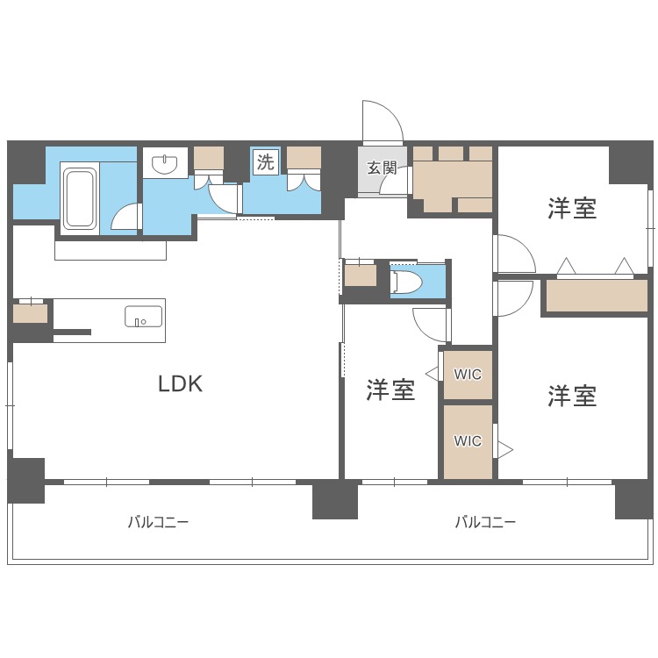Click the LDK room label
(x=180, y=383)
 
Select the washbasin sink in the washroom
(x=165, y=164)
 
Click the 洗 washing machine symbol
(x=265, y=162)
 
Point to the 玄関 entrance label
(x=382, y=168)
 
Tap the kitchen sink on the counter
(x=143, y=317)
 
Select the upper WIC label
(x=468, y=375)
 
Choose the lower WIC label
(x=468, y=441)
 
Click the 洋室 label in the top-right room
(x=572, y=208)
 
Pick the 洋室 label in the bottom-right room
(x=572, y=397)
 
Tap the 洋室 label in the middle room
(x=390, y=390)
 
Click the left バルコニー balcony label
(x=159, y=522)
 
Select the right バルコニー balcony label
(x=485, y=522)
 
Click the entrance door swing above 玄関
(x=382, y=123)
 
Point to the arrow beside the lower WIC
(x=504, y=449)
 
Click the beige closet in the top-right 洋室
(x=596, y=296)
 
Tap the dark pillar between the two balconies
(x=335, y=499)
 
